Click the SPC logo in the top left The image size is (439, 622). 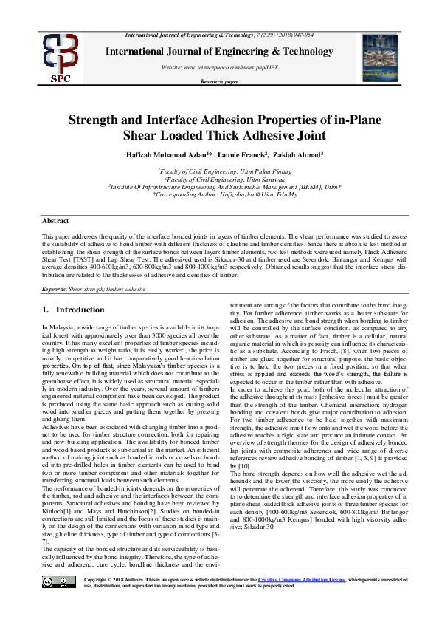point(60,58)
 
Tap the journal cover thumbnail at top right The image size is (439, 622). point(380,58)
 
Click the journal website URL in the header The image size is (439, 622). point(219,66)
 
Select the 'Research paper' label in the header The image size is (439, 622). point(219,81)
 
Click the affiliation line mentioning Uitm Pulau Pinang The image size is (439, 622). point(219,169)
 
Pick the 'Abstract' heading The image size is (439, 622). point(56,221)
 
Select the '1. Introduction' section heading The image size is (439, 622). point(73,310)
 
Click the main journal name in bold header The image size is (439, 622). point(219,52)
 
